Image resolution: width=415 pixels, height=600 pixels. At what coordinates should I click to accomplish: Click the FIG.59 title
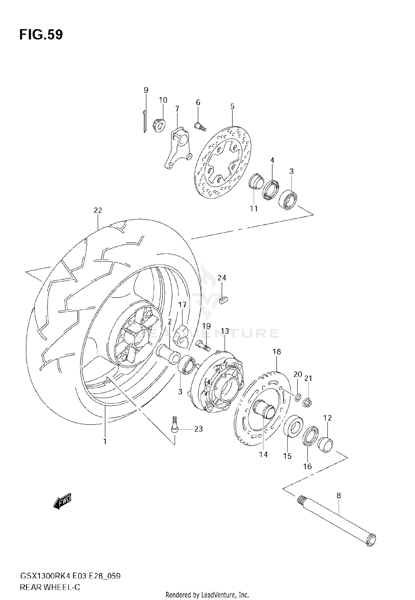pyautogui.click(x=41, y=35)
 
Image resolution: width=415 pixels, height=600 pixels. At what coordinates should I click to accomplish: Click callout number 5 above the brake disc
pyautogui.click(x=232, y=106)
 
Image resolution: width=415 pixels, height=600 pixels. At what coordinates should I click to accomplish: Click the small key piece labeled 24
pyautogui.click(x=224, y=300)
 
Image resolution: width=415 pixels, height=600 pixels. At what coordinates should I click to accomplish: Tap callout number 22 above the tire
pyautogui.click(x=98, y=210)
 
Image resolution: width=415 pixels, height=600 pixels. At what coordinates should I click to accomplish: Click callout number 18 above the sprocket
pyautogui.click(x=276, y=351)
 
